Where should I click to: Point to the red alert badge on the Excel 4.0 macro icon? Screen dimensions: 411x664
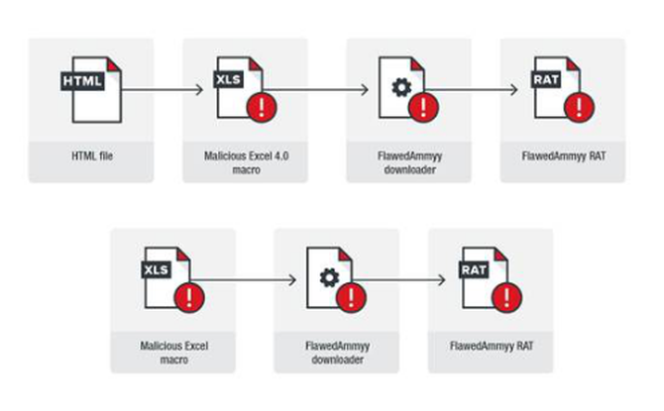264,105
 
